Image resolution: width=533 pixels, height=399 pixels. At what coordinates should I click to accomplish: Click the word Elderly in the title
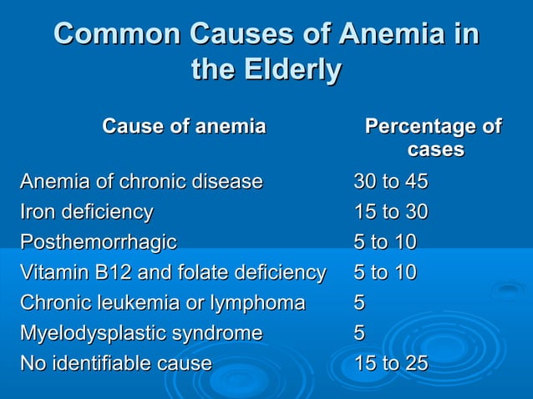[x=290, y=69]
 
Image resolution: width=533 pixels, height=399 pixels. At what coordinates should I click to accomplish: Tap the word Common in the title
[x=118, y=34]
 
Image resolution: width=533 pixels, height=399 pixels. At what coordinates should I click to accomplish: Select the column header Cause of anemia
[x=184, y=127]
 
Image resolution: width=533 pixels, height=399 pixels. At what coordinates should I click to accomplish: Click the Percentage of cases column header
[x=434, y=139]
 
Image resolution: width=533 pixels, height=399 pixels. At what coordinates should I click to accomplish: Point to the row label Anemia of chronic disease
[x=141, y=181]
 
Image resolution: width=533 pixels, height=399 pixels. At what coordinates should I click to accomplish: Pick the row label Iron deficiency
[x=86, y=212]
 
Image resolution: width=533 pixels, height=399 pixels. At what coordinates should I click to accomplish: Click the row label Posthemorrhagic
[x=98, y=242]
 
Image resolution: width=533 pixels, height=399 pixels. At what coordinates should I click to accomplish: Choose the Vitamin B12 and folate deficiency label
[x=173, y=272]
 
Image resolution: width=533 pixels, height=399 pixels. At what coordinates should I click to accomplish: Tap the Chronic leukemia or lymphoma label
[x=162, y=302]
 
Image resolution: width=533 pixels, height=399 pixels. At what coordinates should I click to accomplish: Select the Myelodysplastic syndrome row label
[x=140, y=333]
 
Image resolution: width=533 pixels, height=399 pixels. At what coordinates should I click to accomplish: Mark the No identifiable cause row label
[x=115, y=363]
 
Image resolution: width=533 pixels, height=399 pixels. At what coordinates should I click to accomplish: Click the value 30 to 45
[x=391, y=181]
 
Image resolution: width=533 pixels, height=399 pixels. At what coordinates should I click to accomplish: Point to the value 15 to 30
[x=391, y=212]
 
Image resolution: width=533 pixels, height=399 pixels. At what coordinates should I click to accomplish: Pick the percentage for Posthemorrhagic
[x=385, y=242]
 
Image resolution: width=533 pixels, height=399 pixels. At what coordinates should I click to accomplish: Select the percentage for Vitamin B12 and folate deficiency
[x=385, y=272]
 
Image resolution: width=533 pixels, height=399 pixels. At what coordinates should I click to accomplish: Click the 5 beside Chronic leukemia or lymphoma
[x=359, y=302]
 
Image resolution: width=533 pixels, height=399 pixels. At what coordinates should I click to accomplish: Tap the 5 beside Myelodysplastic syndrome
[x=359, y=333]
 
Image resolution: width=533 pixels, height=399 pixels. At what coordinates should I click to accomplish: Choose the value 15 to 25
[x=391, y=363]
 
